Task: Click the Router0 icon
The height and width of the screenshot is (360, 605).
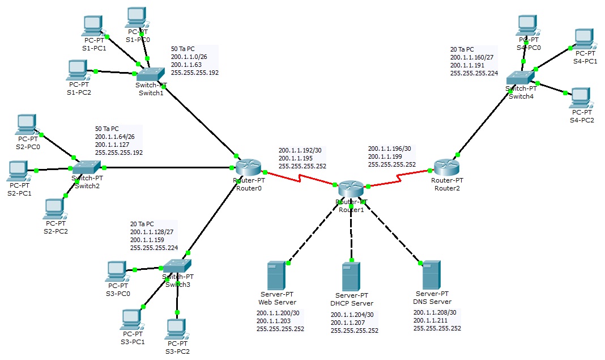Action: click(248, 167)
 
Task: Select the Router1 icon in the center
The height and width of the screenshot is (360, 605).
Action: click(351, 189)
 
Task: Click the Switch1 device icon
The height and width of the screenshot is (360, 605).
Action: click(150, 74)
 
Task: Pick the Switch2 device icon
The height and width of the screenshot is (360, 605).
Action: click(86, 167)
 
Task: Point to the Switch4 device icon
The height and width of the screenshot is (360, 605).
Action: click(520, 78)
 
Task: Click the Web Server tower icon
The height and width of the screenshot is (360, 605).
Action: click(276, 276)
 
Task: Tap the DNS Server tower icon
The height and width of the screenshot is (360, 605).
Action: click(431, 275)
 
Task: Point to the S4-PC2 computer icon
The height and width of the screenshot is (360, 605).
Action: click(581, 98)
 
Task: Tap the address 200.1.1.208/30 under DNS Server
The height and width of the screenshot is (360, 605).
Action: click(435, 312)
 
